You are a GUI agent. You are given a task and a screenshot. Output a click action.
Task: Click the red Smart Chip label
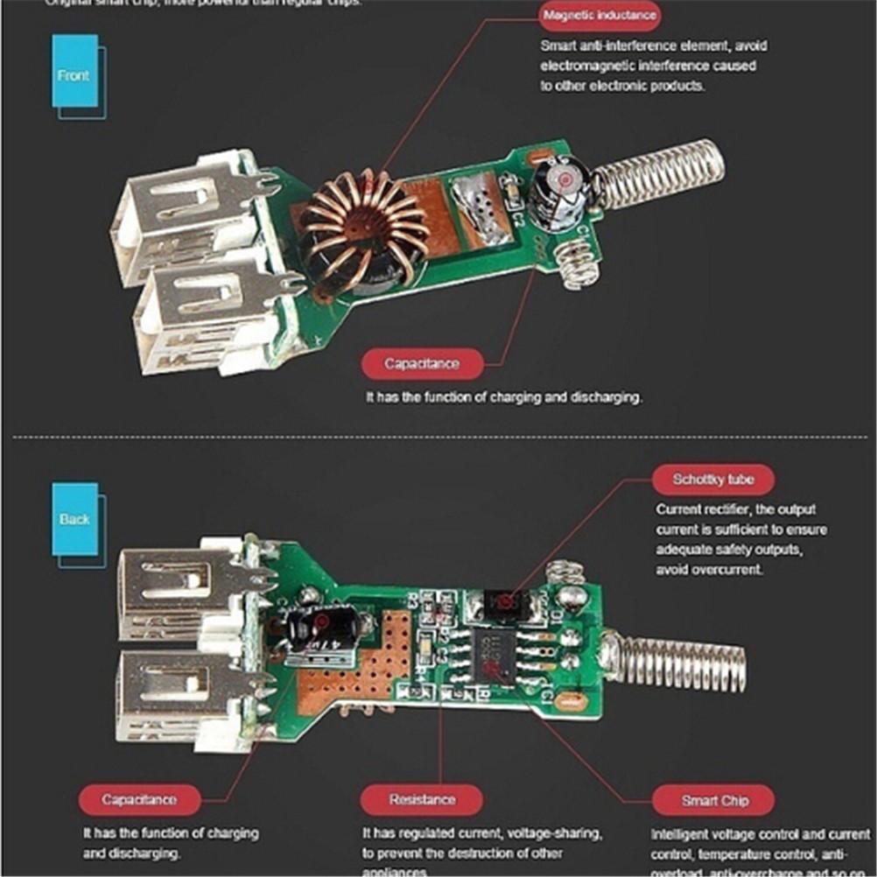(x=715, y=800)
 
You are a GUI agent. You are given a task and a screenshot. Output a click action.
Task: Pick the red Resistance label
(x=422, y=798)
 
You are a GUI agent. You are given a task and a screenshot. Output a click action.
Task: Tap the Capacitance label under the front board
(x=421, y=362)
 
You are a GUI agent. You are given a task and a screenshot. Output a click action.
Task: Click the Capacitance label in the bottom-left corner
(x=139, y=798)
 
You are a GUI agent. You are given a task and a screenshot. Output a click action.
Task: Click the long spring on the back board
(x=678, y=663)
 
